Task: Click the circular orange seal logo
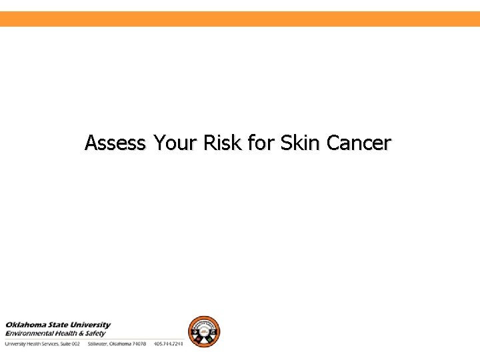[x=203, y=331]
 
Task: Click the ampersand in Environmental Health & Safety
[x=84, y=333]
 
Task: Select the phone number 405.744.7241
[x=168, y=344]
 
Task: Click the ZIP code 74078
[x=138, y=344]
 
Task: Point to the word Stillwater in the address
[x=99, y=344]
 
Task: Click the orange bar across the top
[x=240, y=19]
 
